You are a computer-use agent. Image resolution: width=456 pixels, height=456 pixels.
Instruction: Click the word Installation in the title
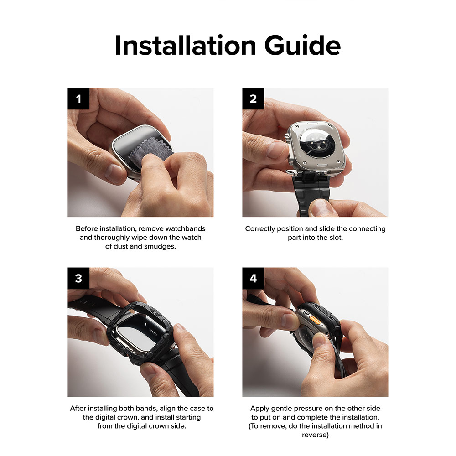186,45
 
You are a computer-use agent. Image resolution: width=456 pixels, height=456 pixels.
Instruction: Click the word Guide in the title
302,45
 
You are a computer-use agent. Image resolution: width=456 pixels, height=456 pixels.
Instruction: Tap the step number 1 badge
78,98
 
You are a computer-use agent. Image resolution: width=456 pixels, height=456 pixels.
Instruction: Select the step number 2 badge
253,98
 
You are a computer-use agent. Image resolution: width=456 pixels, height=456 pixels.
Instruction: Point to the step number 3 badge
78,278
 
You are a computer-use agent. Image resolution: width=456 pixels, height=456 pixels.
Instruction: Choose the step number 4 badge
253,278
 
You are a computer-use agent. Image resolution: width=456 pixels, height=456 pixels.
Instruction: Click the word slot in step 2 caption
336,238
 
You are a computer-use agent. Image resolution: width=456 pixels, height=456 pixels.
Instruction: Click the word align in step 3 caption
167,409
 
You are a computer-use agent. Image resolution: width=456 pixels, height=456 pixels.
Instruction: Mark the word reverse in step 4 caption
315,435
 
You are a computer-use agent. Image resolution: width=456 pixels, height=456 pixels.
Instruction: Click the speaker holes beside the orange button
306,314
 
